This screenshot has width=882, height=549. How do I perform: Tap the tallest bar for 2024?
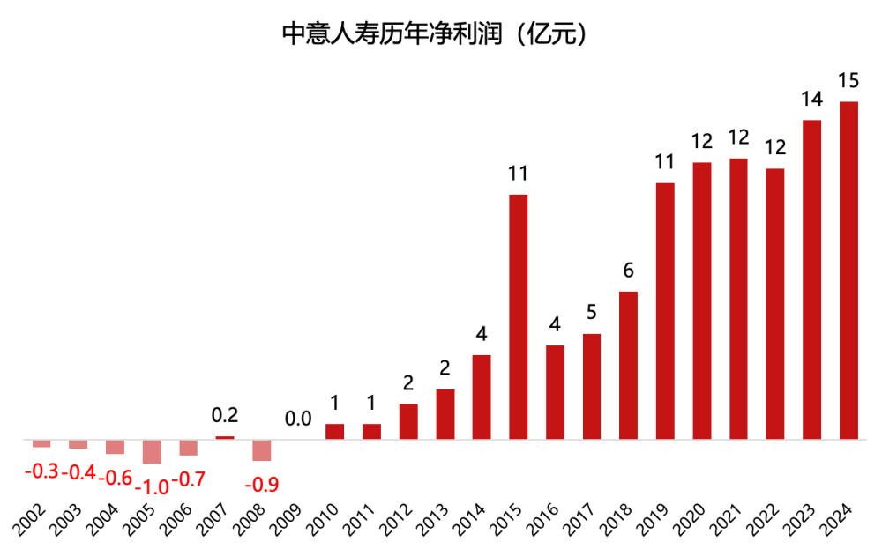click(848, 270)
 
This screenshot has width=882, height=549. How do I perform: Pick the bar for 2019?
click(665, 310)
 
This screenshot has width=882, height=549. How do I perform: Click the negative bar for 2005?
click(152, 451)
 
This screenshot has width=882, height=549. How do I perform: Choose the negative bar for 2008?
click(261, 449)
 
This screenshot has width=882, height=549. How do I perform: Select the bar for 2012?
click(408, 420)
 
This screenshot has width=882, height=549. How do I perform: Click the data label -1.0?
click(152, 484)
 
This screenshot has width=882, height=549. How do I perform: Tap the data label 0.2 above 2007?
click(225, 415)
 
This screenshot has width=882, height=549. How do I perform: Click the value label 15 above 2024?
click(848, 81)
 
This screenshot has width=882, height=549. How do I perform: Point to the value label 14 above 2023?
click(811, 99)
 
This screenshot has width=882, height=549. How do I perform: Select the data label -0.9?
click(261, 484)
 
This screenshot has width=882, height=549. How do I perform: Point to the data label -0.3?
click(41, 471)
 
